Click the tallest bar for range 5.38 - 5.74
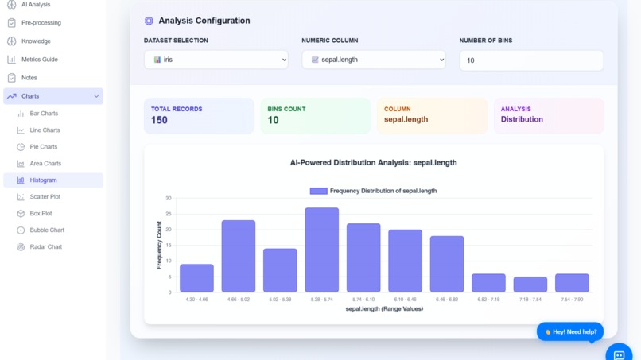(321, 250)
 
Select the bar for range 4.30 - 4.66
(196, 278)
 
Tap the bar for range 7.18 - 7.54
(530, 285)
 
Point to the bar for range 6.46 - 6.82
(446, 264)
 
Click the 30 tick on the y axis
(169, 198)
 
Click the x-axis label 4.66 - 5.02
(238, 300)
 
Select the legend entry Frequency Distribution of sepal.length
(374, 191)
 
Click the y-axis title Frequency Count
(159, 245)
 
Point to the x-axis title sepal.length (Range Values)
(384, 309)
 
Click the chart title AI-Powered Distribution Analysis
(373, 163)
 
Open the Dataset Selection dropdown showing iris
(216, 60)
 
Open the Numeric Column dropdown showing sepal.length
(374, 60)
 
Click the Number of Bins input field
(531, 60)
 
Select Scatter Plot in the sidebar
(45, 197)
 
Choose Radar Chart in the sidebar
(45, 247)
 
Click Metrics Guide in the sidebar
(39, 60)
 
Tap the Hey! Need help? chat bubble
(569, 331)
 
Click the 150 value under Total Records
(159, 120)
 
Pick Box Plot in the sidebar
(41, 214)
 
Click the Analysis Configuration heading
(204, 21)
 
